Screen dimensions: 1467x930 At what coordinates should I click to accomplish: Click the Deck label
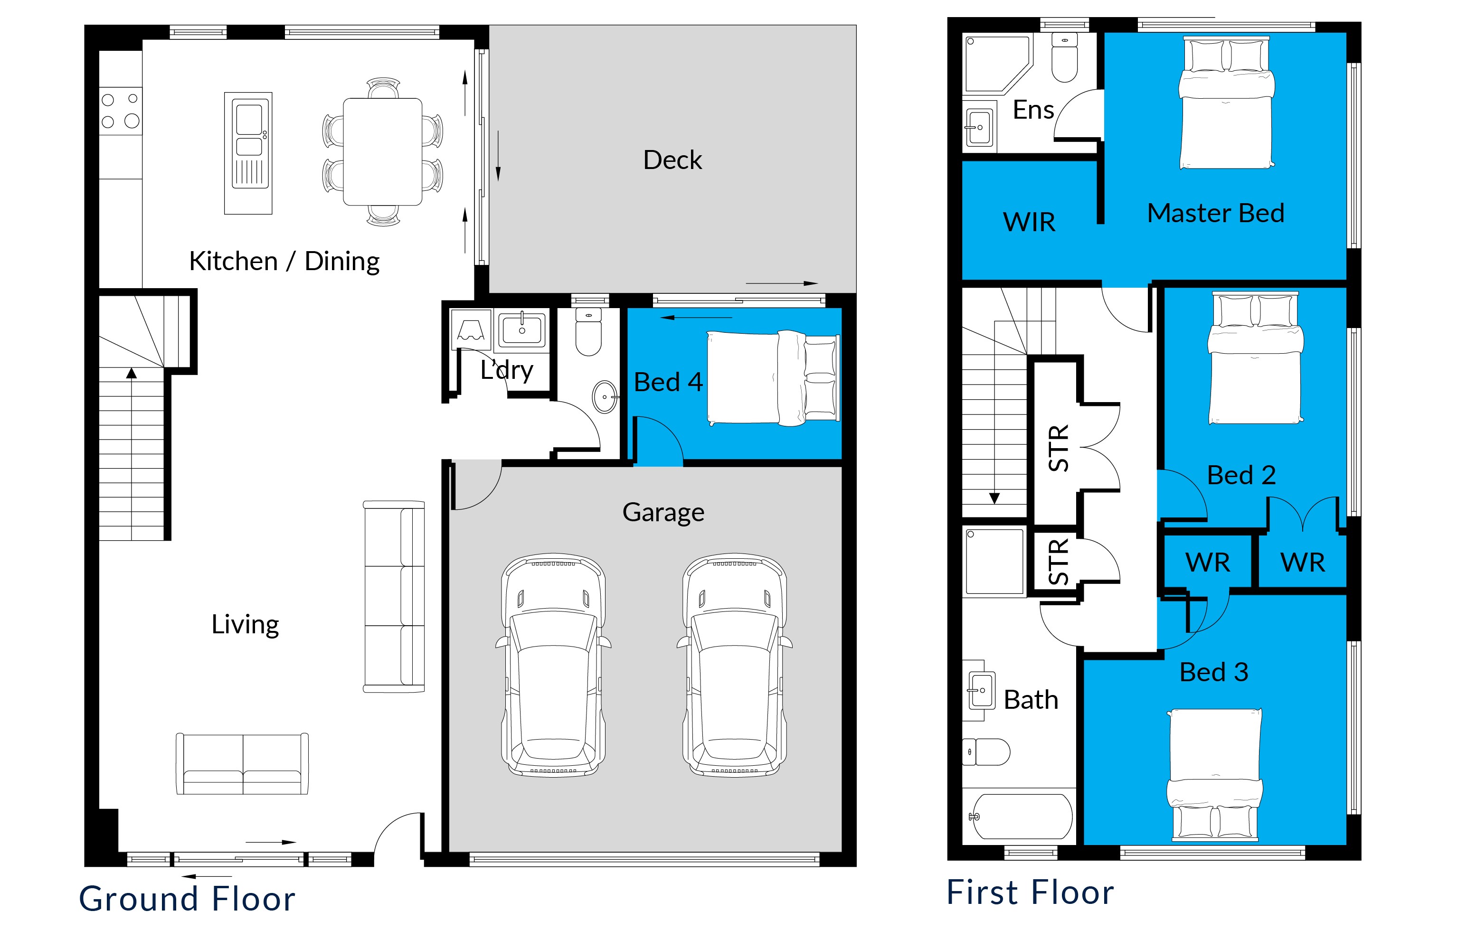pyautogui.click(x=672, y=160)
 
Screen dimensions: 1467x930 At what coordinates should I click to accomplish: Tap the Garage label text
pyautogui.click(x=663, y=512)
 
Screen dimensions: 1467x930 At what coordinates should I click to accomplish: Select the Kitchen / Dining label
pyautogui.click(x=284, y=261)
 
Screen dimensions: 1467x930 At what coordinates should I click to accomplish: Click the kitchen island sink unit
pyautogui.click(x=248, y=153)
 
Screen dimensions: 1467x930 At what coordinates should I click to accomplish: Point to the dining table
pyautogui.click(x=383, y=151)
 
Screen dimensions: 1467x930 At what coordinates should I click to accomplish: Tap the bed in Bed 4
pyautogui.click(x=773, y=377)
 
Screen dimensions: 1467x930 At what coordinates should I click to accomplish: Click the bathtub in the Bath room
pyautogui.click(x=1019, y=816)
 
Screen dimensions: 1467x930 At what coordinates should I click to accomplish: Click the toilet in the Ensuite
pyautogui.click(x=1064, y=57)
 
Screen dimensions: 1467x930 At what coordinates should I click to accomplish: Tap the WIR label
pyautogui.click(x=1029, y=222)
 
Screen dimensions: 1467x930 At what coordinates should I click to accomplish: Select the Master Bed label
pyautogui.click(x=1215, y=213)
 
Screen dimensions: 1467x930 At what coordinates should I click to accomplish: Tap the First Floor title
pyautogui.click(x=1030, y=892)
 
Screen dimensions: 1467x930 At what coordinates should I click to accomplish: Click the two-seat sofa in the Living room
pyautogui.click(x=243, y=764)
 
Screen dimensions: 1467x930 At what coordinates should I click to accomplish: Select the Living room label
pyautogui.click(x=245, y=625)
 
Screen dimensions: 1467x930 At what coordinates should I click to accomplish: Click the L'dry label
pyautogui.click(x=506, y=370)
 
